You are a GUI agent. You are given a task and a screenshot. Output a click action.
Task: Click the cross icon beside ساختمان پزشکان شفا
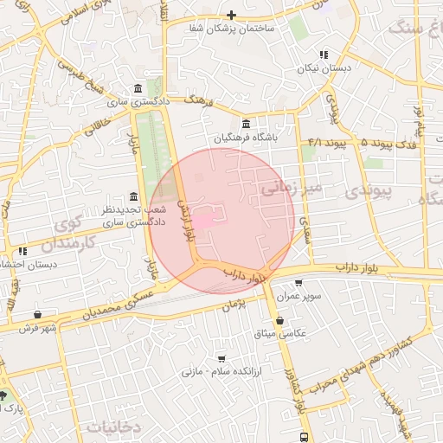click(231, 15)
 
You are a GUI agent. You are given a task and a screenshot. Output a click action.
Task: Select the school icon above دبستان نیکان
click(324, 54)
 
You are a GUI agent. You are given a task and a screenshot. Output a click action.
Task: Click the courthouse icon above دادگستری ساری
click(138, 89)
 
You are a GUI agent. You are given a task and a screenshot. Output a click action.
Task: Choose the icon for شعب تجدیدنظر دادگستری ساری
click(132, 196)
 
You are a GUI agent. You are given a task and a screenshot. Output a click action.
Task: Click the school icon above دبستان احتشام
click(23, 251)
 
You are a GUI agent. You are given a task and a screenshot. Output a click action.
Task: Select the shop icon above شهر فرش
click(37, 314)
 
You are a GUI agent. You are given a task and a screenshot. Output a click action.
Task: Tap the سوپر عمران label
click(299, 296)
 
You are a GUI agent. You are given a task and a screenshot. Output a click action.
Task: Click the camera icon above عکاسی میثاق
click(279, 320)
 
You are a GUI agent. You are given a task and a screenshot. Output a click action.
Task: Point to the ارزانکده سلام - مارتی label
click(215, 372)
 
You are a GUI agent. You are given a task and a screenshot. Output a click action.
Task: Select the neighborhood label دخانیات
click(112, 427)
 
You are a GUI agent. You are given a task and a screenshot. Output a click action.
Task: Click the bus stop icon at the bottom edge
click(303, 437)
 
